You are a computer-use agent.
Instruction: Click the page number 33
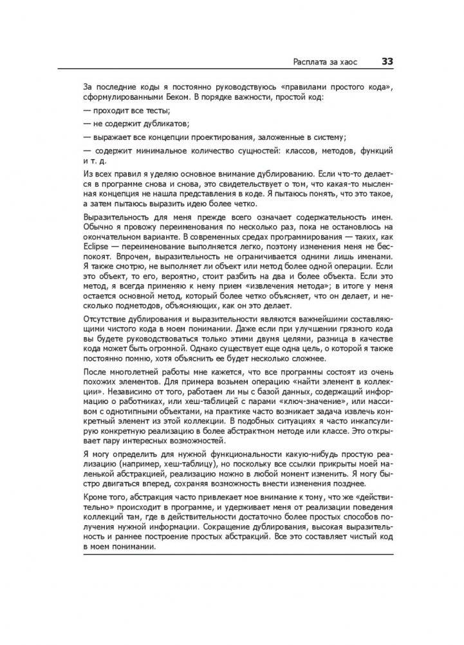click(x=387, y=62)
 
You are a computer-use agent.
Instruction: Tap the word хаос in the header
click(x=348, y=63)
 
